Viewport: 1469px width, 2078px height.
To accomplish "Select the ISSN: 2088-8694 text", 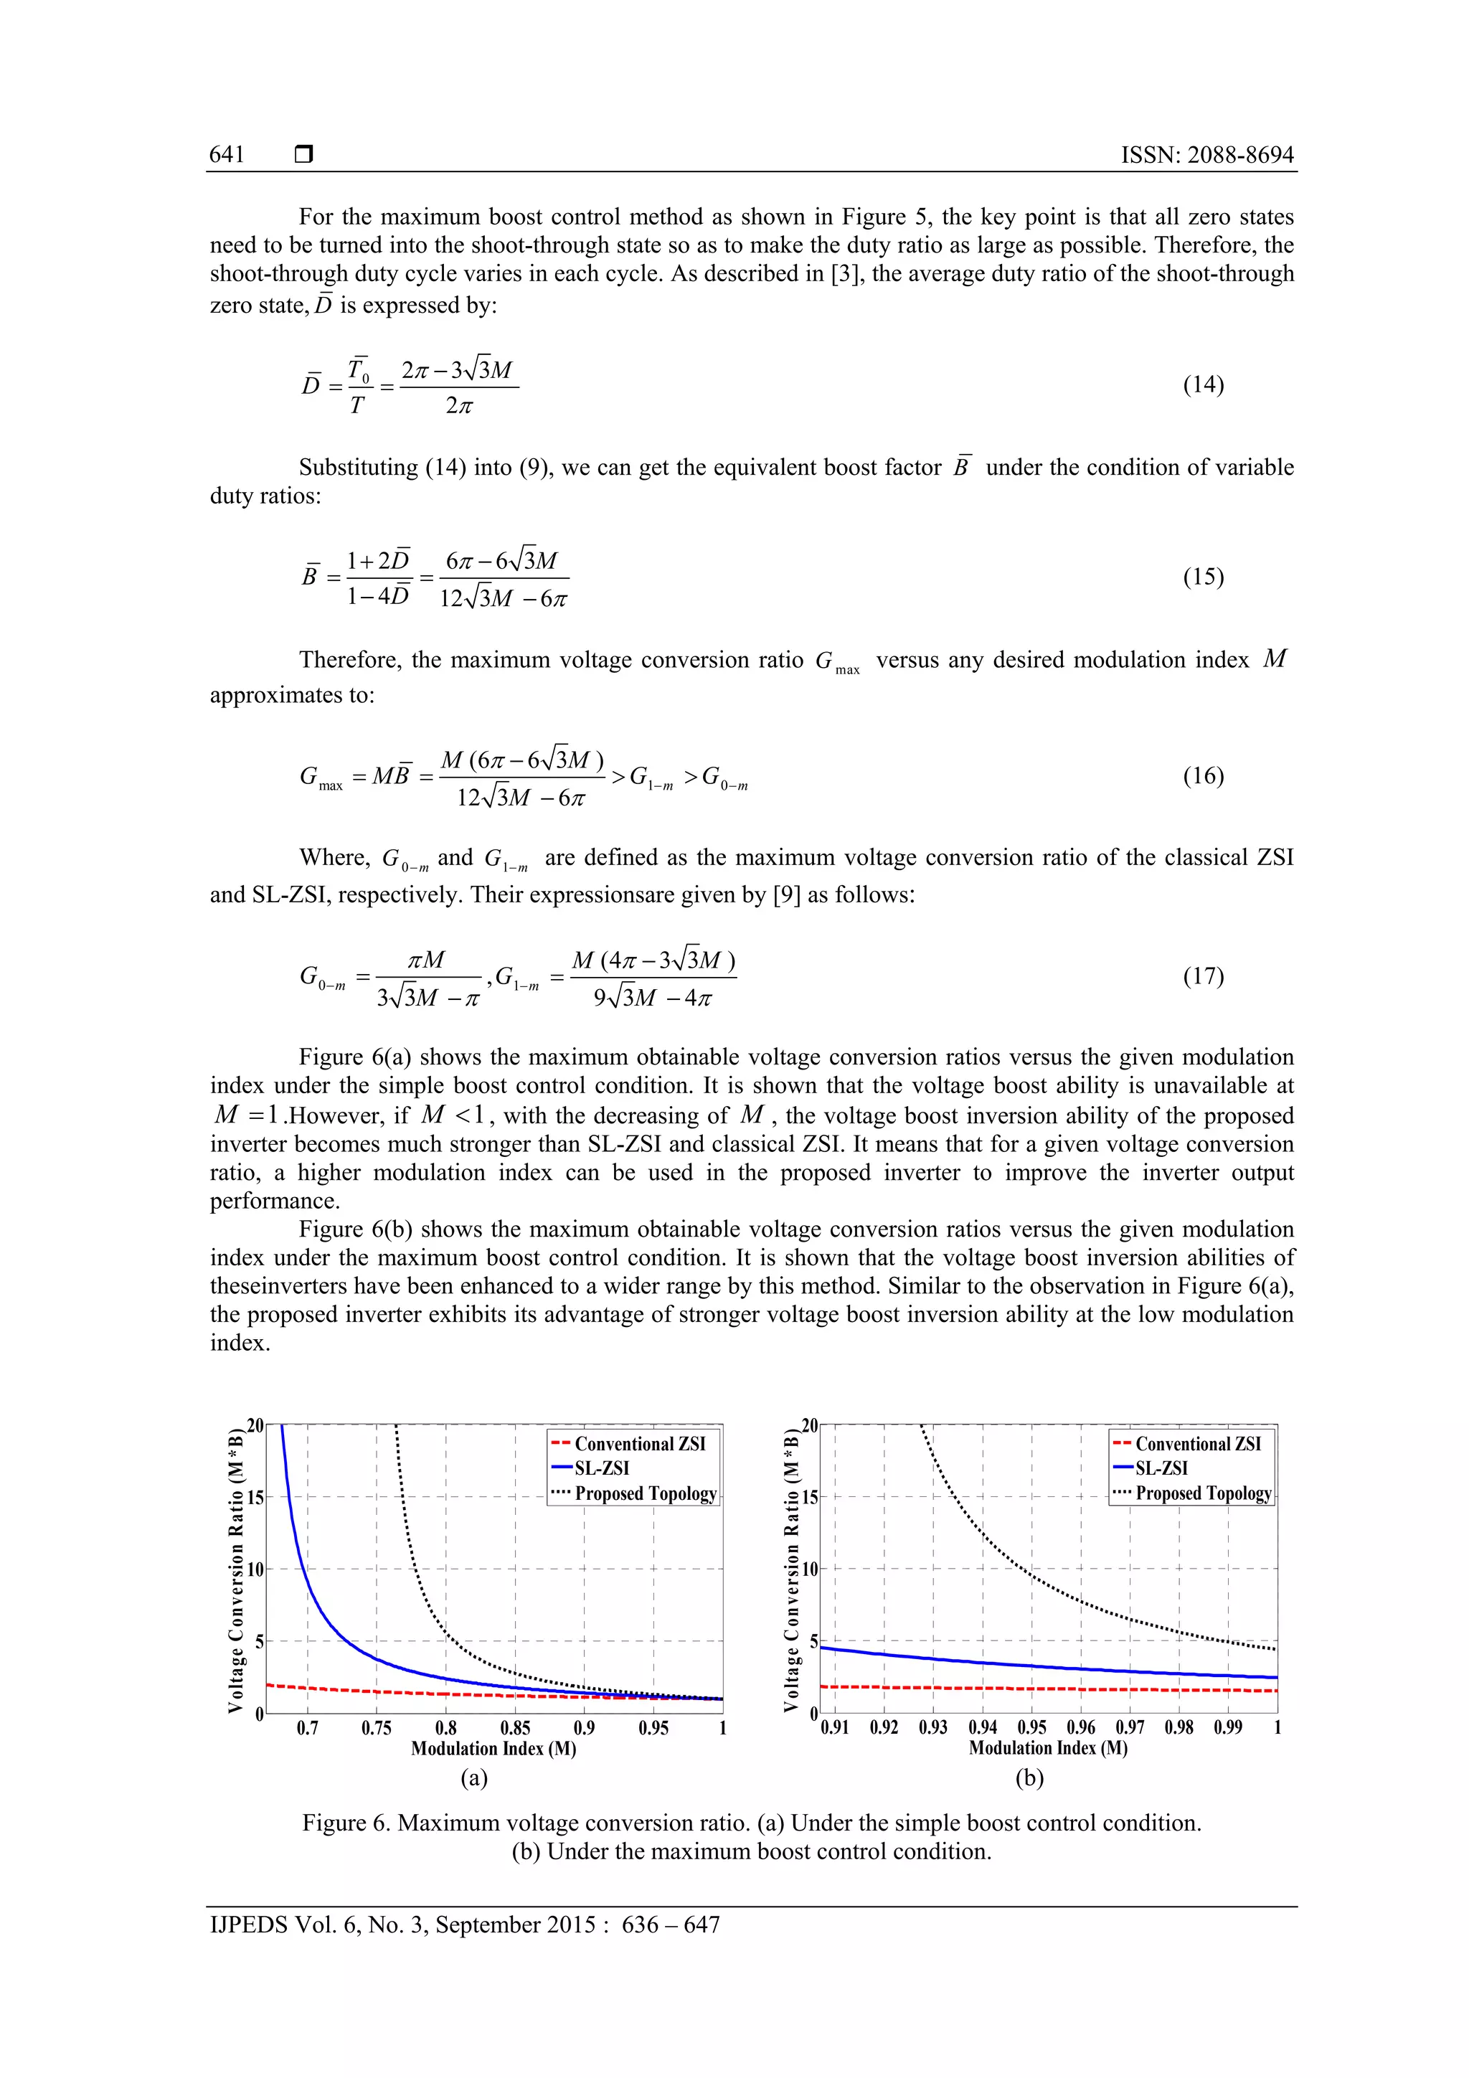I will click(x=1207, y=155).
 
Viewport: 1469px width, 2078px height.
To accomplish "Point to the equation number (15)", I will click(x=1203, y=577).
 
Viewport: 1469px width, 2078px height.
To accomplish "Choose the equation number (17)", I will click(x=1203, y=976).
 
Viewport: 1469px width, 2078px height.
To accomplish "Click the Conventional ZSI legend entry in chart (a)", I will click(x=639, y=1444).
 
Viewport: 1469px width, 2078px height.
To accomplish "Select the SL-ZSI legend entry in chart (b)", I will click(x=1161, y=1468).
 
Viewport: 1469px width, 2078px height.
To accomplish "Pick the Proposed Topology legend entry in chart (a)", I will click(x=646, y=1493).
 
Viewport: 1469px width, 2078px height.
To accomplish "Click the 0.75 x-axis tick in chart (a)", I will click(x=377, y=1728).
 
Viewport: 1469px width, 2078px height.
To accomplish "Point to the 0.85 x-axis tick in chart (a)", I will click(x=515, y=1728).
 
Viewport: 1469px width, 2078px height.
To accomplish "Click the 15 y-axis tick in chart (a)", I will click(x=256, y=1498).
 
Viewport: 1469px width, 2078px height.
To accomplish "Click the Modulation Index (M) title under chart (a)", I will click(x=493, y=1749).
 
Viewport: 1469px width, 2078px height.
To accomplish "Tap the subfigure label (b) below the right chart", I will click(x=1029, y=1778).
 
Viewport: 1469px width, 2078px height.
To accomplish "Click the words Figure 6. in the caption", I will click(x=346, y=1823).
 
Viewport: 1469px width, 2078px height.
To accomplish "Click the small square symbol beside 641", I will click(x=304, y=155).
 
